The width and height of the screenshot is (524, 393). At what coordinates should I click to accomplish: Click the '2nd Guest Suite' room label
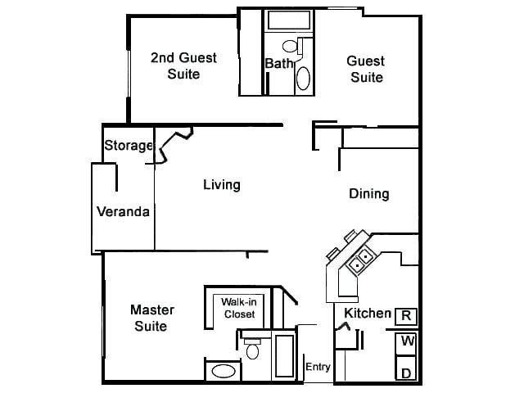(183, 65)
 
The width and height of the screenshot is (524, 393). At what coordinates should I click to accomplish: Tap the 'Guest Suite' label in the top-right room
(366, 69)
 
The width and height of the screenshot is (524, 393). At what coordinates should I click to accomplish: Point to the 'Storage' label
(129, 146)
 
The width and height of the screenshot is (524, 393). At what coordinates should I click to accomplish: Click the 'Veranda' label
(123, 212)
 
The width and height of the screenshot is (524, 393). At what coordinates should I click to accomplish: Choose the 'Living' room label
(222, 184)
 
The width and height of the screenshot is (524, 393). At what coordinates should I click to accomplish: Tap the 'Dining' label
(368, 194)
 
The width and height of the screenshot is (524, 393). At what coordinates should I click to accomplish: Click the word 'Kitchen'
(367, 314)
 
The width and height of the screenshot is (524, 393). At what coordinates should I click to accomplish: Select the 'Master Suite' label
(149, 318)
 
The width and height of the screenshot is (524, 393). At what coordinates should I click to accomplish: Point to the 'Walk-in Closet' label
(239, 308)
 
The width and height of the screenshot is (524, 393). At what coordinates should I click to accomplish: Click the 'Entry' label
(318, 367)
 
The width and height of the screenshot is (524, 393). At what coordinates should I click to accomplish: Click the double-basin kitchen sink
(360, 263)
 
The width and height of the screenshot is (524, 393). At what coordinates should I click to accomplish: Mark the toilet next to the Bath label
(290, 47)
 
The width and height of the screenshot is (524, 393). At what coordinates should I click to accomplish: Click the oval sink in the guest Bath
(303, 78)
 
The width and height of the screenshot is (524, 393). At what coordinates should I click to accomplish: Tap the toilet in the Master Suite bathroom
(253, 350)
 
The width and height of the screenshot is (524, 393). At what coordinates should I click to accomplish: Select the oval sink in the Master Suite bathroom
(224, 371)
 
